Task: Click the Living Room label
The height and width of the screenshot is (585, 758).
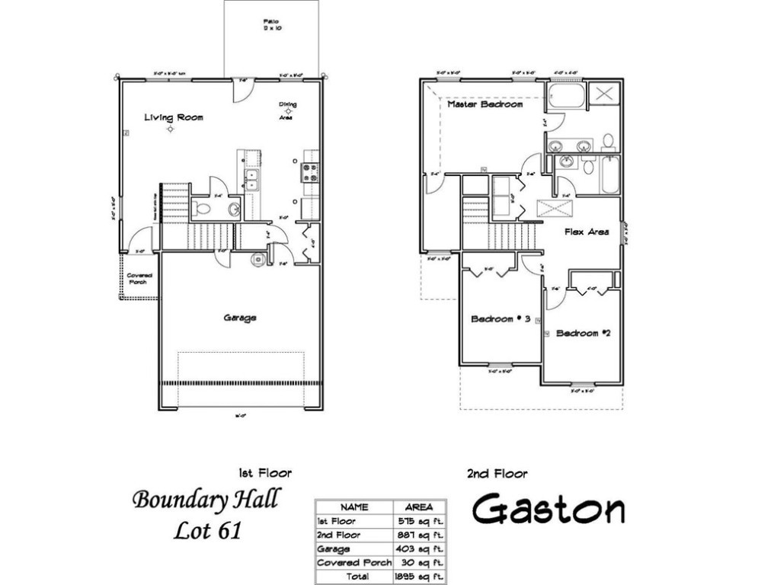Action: [174, 117]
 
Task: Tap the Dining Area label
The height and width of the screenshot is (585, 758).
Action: [288, 107]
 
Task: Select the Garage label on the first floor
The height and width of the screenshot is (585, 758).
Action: [239, 318]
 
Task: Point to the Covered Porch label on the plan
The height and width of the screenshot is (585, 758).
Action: [139, 278]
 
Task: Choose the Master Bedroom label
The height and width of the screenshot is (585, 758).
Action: [485, 104]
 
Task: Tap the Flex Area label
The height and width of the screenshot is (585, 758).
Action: [586, 232]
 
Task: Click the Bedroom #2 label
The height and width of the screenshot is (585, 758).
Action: [584, 333]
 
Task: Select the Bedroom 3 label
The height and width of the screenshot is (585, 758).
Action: [500, 319]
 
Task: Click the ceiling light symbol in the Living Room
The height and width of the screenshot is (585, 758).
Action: [171, 129]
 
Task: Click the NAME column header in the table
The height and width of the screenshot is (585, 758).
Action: [354, 507]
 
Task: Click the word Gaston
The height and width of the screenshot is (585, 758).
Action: [549, 510]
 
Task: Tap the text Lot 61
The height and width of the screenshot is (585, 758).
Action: [206, 529]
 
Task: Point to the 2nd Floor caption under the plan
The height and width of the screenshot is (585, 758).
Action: [496, 474]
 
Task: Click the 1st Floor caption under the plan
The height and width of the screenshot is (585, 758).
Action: [265, 474]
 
